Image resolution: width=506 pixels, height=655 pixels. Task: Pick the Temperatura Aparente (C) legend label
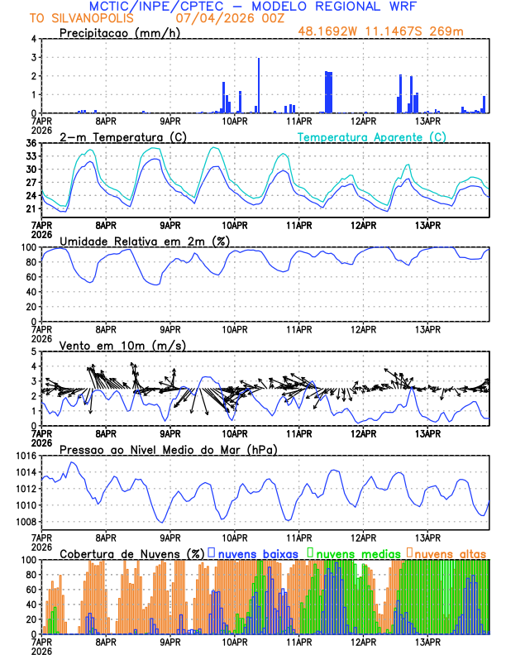click(x=372, y=136)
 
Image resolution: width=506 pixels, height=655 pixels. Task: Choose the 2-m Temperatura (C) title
click(x=122, y=136)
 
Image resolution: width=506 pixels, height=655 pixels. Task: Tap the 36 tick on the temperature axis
click(x=30, y=143)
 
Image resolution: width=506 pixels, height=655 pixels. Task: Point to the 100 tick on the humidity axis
click(x=27, y=247)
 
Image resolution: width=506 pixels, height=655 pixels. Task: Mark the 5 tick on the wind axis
click(x=33, y=351)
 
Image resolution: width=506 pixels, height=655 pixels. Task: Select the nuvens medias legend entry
click(x=356, y=552)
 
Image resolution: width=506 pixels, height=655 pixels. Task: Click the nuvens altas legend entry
click(x=449, y=552)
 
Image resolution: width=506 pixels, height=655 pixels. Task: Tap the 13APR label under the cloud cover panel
click(x=427, y=640)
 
